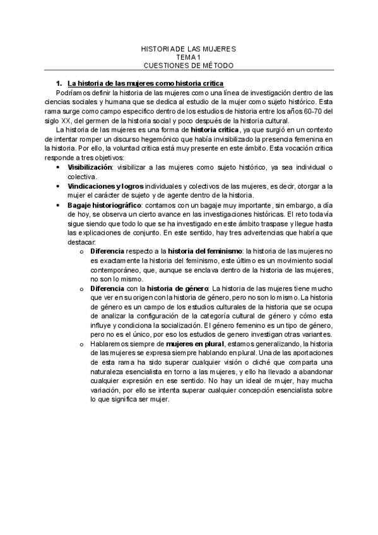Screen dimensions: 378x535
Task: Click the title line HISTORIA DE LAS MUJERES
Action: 189,49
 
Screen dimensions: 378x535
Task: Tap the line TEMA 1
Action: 189,57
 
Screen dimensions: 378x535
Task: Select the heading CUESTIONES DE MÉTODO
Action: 189,65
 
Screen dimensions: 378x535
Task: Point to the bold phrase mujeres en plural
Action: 184,344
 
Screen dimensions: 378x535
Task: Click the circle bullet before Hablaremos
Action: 83,344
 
